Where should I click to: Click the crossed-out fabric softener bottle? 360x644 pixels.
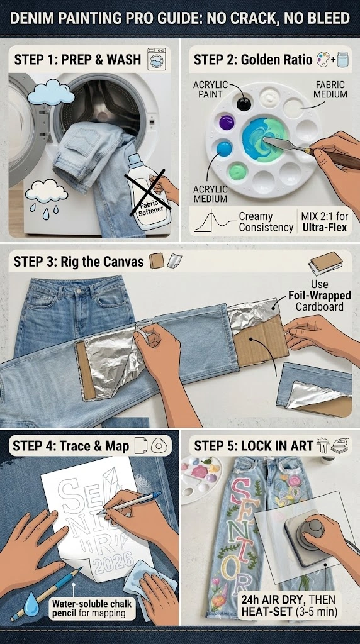148,193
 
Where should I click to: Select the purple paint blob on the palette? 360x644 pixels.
227,123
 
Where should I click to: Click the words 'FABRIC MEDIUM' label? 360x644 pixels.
330,89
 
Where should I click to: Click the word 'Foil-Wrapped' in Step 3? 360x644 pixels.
319,296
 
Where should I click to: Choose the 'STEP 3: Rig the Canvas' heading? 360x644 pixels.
79,262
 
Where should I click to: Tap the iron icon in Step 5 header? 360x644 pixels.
340,446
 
